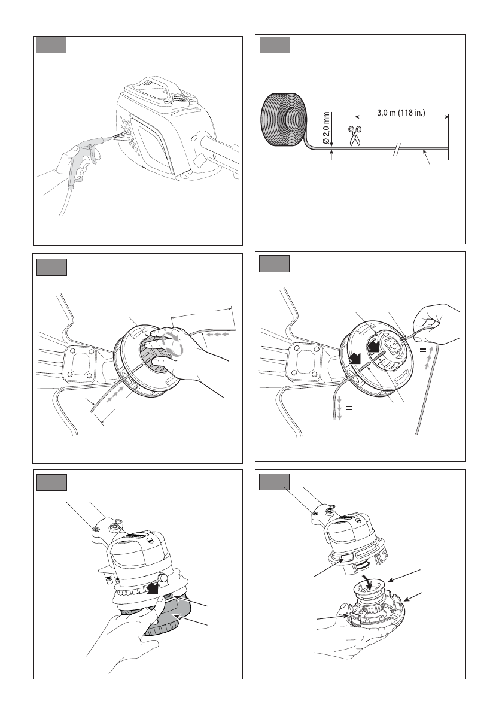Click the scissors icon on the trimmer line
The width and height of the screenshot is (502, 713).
(354, 135)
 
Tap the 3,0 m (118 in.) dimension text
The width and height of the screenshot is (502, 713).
(401, 113)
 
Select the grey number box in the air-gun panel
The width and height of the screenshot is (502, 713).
(51, 45)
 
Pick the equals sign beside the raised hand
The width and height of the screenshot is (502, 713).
(422, 350)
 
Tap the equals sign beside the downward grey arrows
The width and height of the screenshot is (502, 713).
(349, 408)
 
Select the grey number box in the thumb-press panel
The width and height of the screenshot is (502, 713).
(51, 483)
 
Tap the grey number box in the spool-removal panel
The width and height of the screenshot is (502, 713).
(275, 482)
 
